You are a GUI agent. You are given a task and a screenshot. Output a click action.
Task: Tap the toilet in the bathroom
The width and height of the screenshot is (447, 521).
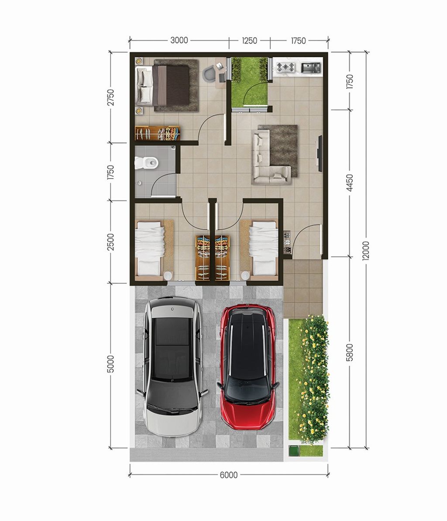[x=146, y=163]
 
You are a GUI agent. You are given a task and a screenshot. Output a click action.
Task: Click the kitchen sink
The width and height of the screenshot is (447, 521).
[x=311, y=67]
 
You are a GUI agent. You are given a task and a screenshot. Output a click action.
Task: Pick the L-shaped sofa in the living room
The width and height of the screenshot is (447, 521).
[x=271, y=157]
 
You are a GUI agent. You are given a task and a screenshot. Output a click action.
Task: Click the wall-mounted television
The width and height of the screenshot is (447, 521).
[x=320, y=153]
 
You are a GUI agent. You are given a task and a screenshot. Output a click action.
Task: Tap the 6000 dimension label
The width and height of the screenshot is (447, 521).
[x=229, y=475]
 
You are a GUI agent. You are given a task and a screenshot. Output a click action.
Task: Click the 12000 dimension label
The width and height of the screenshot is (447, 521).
[x=366, y=251]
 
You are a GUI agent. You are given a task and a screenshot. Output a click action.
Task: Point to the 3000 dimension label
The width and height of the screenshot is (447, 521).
[x=179, y=40]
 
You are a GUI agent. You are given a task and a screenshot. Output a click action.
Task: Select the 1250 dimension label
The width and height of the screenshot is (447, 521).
[x=249, y=41]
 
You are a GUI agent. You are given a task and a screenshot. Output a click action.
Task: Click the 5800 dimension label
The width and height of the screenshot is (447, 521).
[x=350, y=352]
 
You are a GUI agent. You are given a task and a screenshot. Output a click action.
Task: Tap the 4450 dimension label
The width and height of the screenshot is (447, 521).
[x=350, y=183]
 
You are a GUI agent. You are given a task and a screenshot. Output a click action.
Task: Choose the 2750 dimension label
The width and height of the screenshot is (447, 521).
[x=110, y=97]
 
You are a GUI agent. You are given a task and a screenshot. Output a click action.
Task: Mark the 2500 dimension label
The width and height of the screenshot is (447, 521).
[x=110, y=242]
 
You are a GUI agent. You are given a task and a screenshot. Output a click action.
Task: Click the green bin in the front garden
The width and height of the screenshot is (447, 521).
[x=294, y=451]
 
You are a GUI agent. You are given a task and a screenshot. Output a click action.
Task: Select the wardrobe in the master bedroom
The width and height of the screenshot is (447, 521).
[x=158, y=133]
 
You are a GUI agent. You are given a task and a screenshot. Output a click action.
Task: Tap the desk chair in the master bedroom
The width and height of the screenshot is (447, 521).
[x=209, y=74]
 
